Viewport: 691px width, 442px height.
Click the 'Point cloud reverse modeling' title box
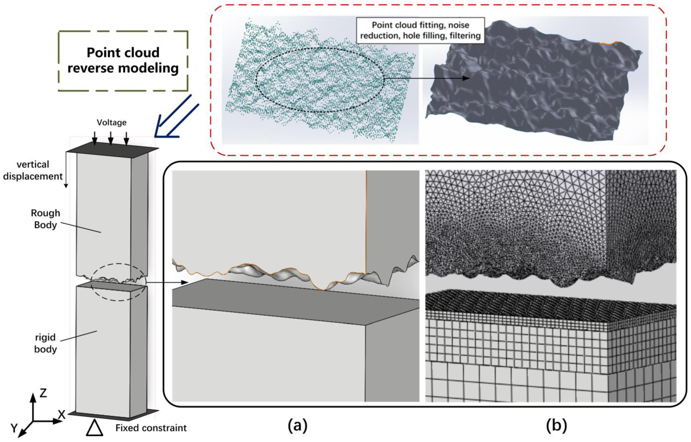tap(123, 61)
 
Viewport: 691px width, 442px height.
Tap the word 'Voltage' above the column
tap(112, 123)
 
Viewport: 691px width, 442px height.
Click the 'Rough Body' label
tap(45, 219)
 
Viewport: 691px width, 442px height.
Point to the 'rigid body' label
tap(45, 343)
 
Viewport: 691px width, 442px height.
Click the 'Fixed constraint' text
tap(151, 428)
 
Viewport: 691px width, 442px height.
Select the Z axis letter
tap(43, 393)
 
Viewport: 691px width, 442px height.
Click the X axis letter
tap(61, 415)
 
